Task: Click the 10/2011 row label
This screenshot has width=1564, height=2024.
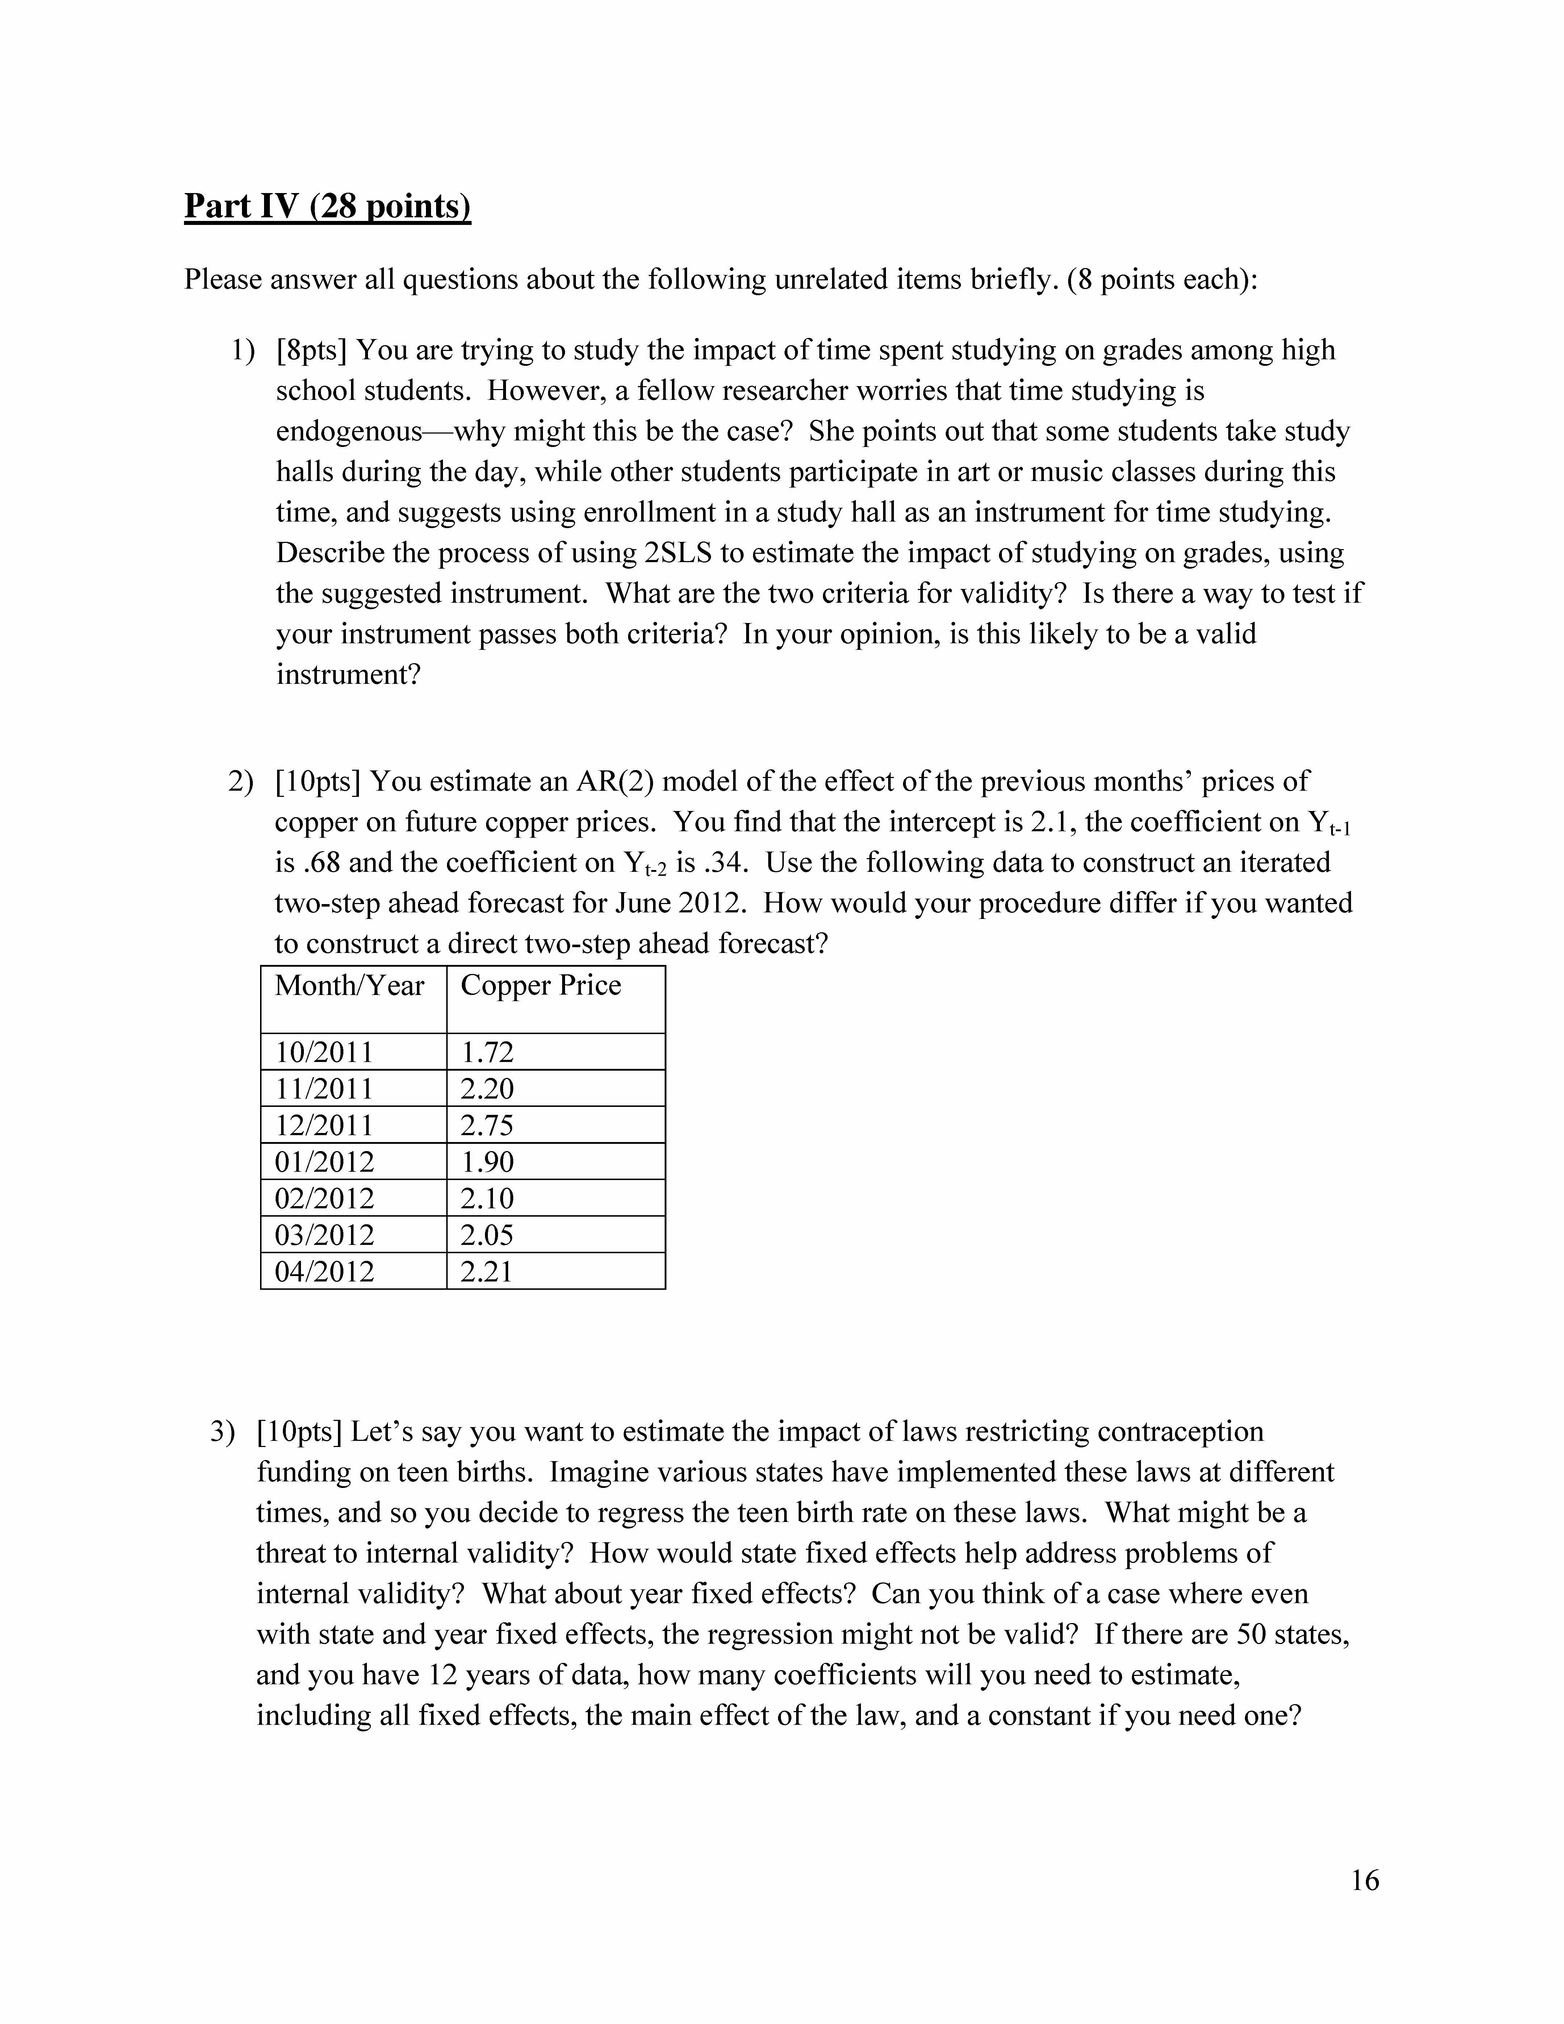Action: click(x=324, y=1052)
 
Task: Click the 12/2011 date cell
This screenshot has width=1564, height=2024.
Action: click(x=324, y=1125)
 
